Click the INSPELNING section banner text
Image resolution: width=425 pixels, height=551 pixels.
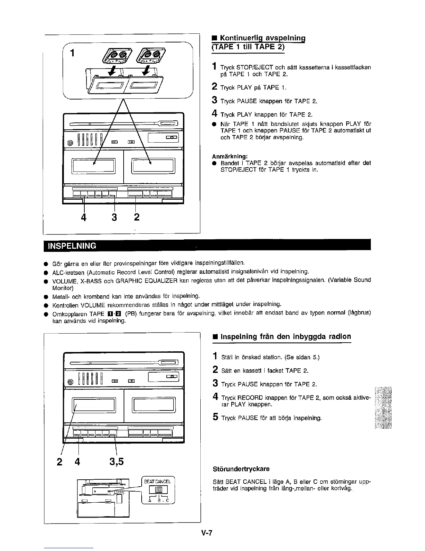[x=72, y=246]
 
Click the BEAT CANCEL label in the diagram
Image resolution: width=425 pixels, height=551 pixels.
[x=158, y=481]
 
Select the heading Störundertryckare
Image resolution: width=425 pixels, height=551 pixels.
[x=241, y=469]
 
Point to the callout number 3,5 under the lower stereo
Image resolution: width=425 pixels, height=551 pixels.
[x=116, y=462]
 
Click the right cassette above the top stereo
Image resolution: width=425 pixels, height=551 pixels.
[x=150, y=55]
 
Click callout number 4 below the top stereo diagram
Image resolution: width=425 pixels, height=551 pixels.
[x=83, y=217]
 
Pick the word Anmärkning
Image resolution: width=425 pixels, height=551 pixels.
[x=230, y=156]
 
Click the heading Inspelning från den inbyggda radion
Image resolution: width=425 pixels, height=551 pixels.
[x=286, y=336]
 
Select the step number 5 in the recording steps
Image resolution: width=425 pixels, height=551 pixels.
[x=215, y=418]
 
